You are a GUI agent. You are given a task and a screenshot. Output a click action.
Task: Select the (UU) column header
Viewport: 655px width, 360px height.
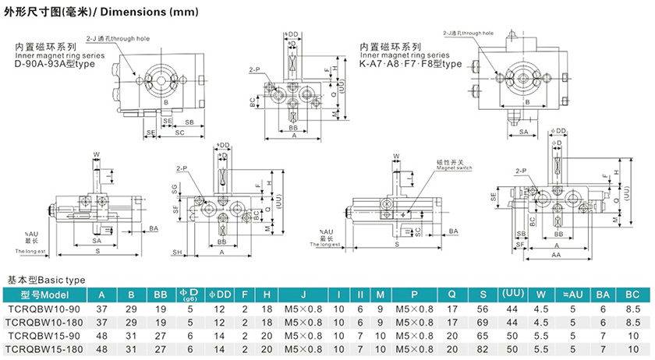[512, 295]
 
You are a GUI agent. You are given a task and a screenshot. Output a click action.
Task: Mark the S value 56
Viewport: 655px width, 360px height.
[483, 309]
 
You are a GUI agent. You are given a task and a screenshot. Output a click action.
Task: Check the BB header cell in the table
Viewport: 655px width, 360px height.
[161, 295]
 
